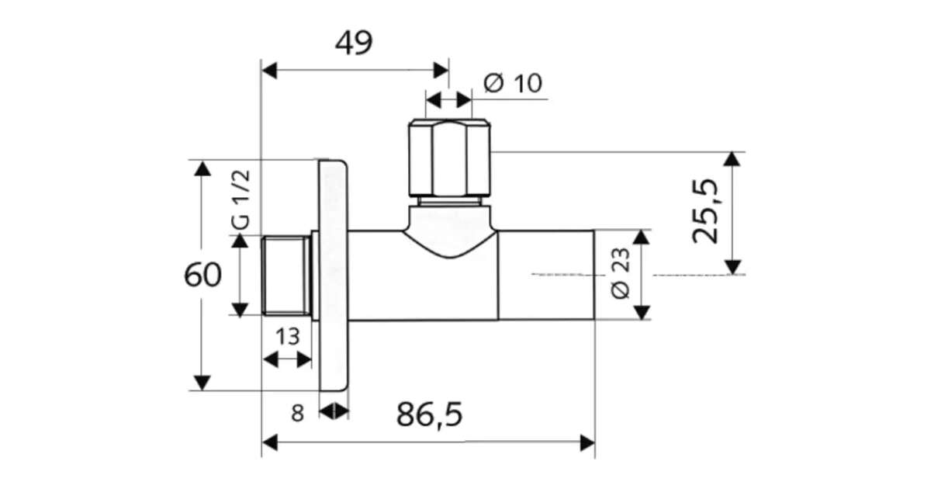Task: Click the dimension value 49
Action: [354, 43]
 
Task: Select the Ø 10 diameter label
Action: [513, 83]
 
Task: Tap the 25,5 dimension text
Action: [705, 211]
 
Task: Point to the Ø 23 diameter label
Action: [621, 273]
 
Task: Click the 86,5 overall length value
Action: [429, 414]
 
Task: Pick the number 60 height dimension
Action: [202, 275]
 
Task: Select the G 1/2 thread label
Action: [241, 199]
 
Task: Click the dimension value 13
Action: [288, 336]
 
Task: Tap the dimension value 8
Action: [298, 414]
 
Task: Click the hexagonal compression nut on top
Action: [449, 158]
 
